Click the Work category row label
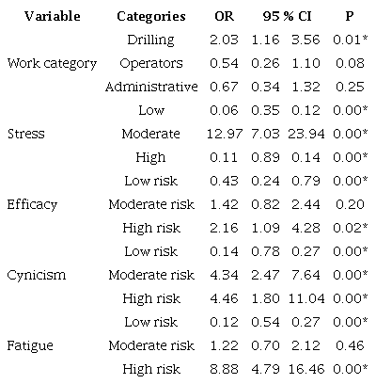tap(52, 63)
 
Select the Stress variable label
tap(25, 134)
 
